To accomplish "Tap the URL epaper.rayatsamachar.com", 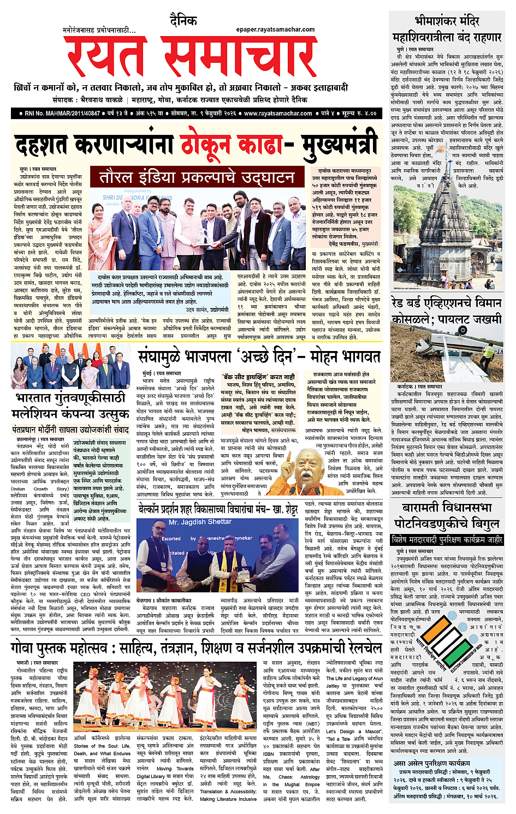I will pos(275,29).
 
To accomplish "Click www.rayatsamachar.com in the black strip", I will pos(278,114).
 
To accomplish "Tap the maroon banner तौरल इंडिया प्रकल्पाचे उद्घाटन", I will pos(197,177).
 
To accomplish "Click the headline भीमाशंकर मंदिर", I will pos(447,21).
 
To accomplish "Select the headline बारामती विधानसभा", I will pos(447,508).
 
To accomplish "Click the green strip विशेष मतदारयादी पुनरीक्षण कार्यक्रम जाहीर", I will pos(447,540).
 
